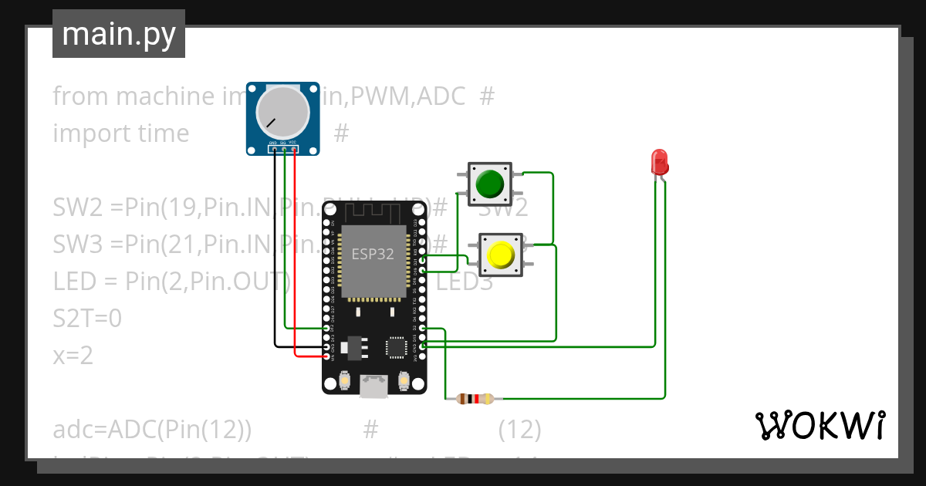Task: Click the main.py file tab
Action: [118, 34]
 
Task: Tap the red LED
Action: [660, 161]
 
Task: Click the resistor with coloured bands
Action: [475, 399]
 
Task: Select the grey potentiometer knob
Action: [282, 111]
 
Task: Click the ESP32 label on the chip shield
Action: [373, 254]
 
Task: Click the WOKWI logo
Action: [820, 425]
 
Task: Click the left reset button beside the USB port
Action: [345, 380]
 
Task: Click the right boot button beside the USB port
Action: [404, 380]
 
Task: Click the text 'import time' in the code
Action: [120, 133]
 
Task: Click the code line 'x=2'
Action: [73, 356]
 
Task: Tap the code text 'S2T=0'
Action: [87, 318]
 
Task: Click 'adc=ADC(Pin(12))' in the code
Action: [152, 430]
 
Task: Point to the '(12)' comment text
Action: [519, 430]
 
